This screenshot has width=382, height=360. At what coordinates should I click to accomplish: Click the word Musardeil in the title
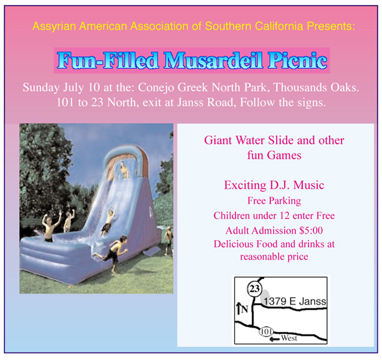coord(213,60)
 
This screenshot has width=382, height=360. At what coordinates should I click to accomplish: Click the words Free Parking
coord(274,201)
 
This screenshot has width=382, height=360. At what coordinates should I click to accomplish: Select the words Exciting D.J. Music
coord(274,185)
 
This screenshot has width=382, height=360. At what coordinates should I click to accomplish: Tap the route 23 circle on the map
coord(255,289)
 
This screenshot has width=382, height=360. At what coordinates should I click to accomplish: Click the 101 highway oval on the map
coord(266,332)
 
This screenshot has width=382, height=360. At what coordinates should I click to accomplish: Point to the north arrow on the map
coord(238,308)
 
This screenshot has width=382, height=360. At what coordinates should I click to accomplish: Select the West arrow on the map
coord(275,339)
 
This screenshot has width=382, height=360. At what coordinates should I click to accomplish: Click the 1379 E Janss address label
coord(295,301)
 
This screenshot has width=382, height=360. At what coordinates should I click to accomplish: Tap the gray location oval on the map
coord(265,296)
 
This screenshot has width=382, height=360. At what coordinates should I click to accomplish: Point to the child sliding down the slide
coord(108,220)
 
